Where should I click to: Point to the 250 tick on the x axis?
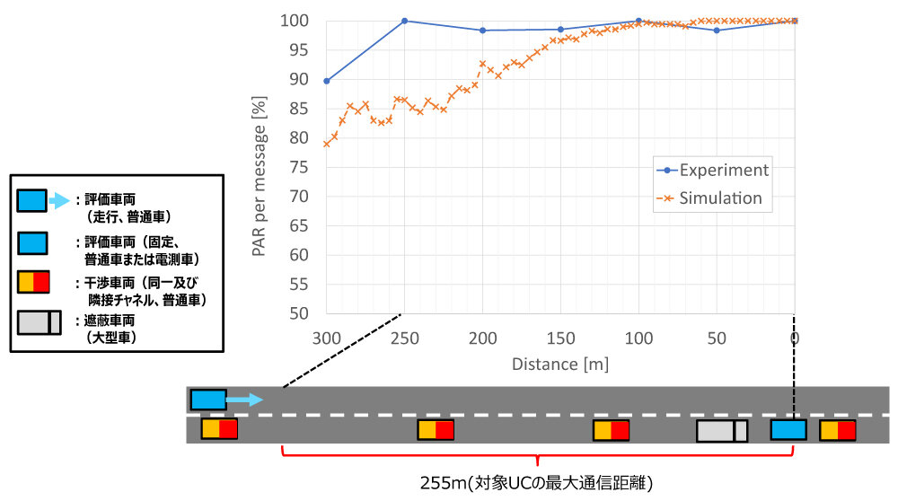[404, 338]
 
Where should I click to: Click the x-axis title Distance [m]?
[559, 365]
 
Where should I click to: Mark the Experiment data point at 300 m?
[326, 81]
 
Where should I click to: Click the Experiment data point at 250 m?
[404, 21]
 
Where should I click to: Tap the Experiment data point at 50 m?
[717, 31]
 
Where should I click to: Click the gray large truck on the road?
[722, 431]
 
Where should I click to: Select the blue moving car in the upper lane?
[208, 400]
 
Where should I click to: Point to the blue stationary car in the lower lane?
[788, 430]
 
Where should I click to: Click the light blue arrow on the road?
[244, 400]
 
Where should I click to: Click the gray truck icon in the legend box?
[39, 321]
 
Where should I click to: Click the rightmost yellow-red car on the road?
[837, 430]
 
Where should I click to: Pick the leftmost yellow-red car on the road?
[219, 429]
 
